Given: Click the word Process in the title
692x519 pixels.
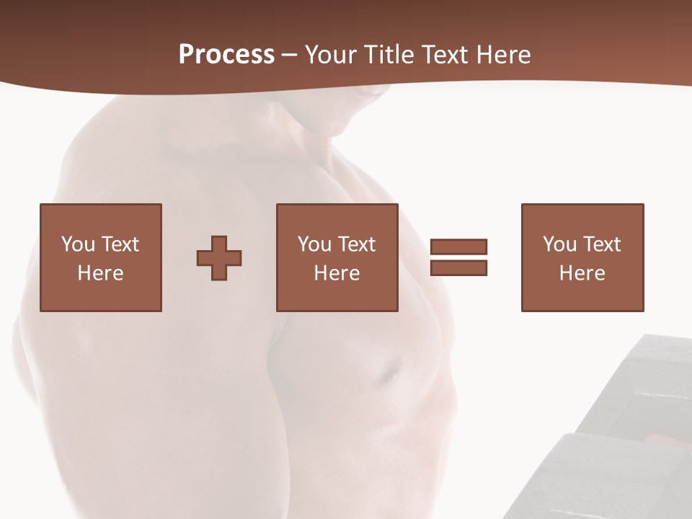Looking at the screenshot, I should (x=226, y=54).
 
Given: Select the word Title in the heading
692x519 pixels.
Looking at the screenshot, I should (x=389, y=54).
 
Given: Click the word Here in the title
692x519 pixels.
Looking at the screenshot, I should (x=504, y=54).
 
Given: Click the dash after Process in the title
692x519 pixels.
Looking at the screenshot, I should (x=290, y=56).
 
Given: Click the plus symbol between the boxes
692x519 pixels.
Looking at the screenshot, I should (x=219, y=258).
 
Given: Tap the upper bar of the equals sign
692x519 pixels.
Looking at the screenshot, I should (x=458, y=247).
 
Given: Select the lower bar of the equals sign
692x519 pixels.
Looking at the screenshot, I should (x=458, y=267).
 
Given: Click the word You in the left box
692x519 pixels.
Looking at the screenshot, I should (x=78, y=244).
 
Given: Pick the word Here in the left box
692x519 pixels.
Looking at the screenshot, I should (x=100, y=273).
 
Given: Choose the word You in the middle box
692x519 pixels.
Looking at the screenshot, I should (x=314, y=244).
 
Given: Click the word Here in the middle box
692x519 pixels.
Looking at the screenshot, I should (x=337, y=273).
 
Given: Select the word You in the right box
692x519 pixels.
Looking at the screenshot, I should (x=559, y=244).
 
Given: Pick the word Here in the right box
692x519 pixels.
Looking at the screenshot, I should (x=582, y=273).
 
